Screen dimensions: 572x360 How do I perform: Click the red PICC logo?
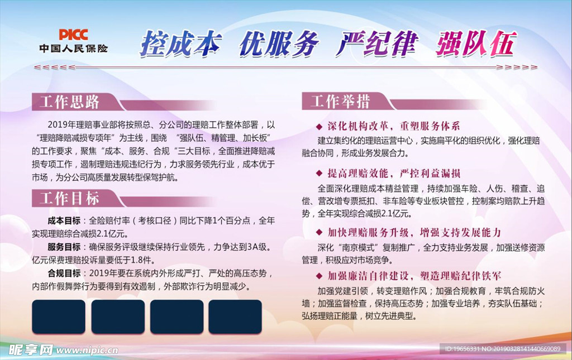point(73,35)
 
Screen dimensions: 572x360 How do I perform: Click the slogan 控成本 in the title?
point(181,44)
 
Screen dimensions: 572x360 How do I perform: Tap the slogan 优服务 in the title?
point(279,44)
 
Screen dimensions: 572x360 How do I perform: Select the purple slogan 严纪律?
point(377,44)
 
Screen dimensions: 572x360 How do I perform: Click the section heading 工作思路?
point(69,102)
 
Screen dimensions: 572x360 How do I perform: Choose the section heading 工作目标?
point(69,199)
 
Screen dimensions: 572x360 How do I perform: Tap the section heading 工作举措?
point(340,101)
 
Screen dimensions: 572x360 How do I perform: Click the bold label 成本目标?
point(64,220)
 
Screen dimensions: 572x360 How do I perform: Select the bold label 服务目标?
point(64,247)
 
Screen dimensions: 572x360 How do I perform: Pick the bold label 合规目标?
point(64,273)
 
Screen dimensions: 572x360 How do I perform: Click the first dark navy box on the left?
point(59,316)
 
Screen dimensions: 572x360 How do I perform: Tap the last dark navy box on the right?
point(235,316)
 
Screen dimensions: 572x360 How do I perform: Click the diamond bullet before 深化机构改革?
point(319,127)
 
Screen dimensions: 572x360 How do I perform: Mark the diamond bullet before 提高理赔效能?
point(319,173)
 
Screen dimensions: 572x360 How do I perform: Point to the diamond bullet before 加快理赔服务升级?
point(319,232)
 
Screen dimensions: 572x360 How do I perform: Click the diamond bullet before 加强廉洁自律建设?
point(319,276)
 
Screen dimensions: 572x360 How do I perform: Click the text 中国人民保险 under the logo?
point(74,48)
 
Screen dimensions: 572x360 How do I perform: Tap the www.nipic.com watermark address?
point(87,351)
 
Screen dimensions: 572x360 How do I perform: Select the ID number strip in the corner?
point(503,349)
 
